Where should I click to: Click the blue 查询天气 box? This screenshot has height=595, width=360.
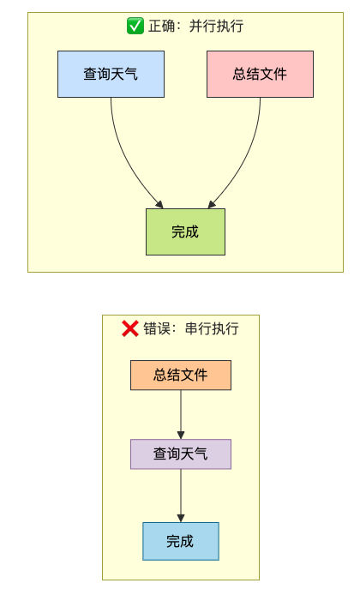pos(111,74)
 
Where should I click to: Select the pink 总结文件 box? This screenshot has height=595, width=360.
pos(260,74)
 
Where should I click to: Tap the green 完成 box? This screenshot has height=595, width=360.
pos(185,231)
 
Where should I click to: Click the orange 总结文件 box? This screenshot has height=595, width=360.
pos(181,375)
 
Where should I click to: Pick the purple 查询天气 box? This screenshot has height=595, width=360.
pos(181,454)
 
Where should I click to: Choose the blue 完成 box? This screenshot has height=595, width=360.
pos(181,541)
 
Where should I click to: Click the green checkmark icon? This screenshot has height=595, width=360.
pos(135,26)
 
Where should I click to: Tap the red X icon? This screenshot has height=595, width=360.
pos(130,328)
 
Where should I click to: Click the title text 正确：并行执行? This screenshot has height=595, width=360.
pos(195,26)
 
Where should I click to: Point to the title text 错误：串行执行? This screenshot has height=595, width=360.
pos(191,328)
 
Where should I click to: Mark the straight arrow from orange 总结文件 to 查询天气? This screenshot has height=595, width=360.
pos(181,414)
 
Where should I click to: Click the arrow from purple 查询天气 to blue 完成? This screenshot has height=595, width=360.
pos(181,496)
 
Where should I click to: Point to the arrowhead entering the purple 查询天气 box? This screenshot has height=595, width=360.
pos(181,436)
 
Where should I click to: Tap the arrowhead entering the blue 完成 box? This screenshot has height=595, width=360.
pos(181,519)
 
